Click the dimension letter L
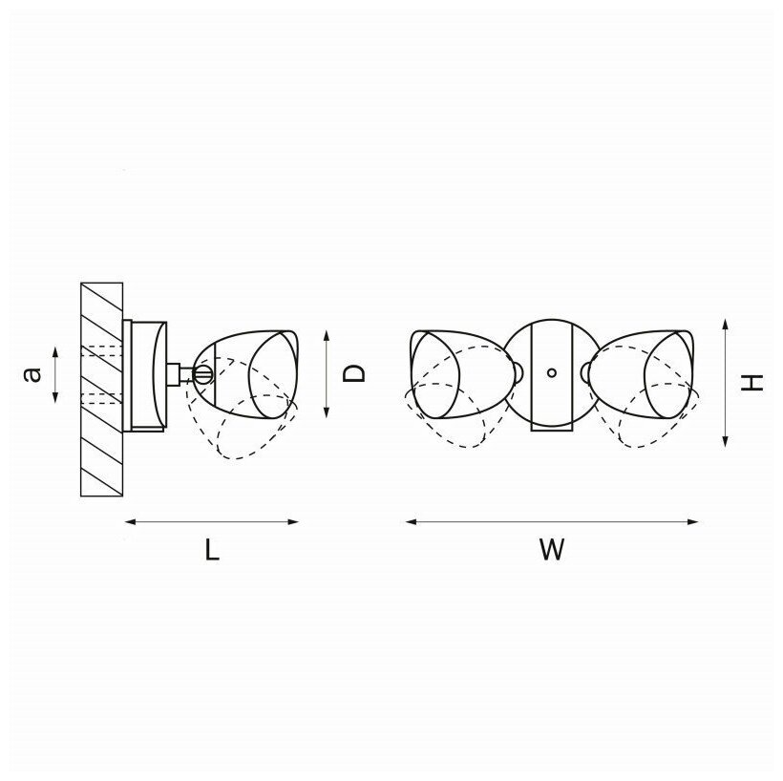[x=212, y=550]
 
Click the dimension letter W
[x=551, y=550]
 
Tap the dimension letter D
[x=354, y=372]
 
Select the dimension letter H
[x=754, y=382]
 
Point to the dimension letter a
[x=32, y=374]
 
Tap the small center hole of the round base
[x=551, y=373]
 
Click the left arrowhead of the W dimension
[x=410, y=521]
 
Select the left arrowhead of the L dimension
[x=130, y=521]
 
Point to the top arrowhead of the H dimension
[x=728, y=325]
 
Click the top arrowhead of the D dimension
[x=328, y=334]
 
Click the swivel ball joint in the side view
[x=202, y=372]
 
